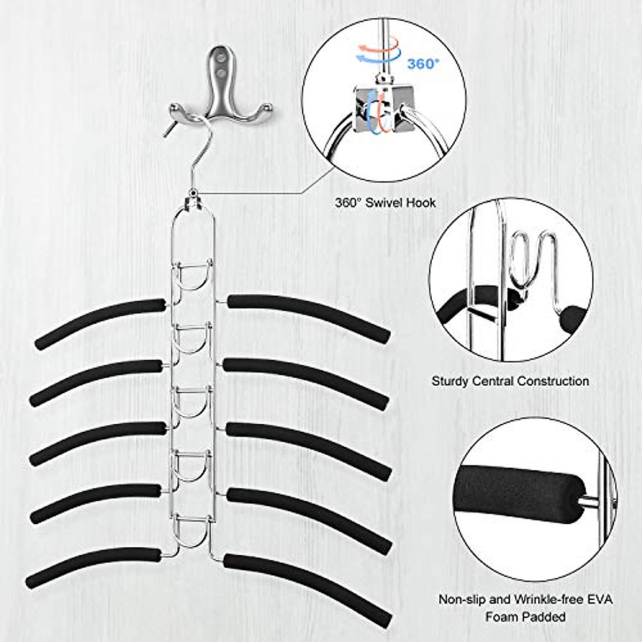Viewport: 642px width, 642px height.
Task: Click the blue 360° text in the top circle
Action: click(423, 64)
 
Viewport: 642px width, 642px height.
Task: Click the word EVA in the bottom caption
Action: click(601, 599)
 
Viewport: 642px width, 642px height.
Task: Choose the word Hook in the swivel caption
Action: click(423, 203)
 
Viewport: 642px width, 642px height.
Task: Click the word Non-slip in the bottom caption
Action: click(461, 599)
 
